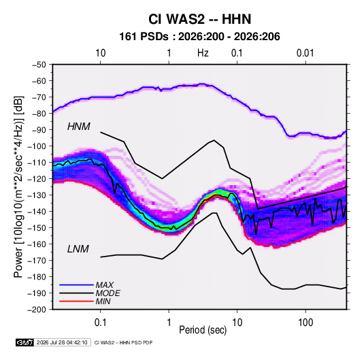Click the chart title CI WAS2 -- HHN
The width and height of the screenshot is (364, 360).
tap(199, 19)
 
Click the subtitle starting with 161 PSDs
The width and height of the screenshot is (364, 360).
tap(199, 37)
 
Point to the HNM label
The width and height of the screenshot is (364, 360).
tap(79, 127)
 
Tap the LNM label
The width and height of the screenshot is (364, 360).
tap(78, 249)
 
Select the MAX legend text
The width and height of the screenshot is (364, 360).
tap(105, 285)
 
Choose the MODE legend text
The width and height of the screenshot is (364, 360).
tap(108, 293)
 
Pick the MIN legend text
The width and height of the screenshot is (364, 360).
tap(103, 301)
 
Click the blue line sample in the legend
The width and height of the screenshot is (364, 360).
tap(76, 284)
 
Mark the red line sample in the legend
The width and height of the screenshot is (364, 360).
tap(76, 301)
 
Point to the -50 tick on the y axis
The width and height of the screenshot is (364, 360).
tap(39, 65)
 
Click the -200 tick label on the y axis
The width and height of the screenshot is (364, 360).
tap(37, 310)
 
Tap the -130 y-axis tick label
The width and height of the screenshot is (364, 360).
tap(37, 195)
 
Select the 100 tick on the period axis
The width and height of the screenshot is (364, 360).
tap(305, 323)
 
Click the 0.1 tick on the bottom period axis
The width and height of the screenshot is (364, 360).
tap(100, 323)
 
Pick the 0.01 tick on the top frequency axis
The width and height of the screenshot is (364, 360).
tap(305, 53)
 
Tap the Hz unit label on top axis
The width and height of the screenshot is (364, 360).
tap(203, 53)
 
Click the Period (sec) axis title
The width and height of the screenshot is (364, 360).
tap(203, 330)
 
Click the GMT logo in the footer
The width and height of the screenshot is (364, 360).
tap(25, 342)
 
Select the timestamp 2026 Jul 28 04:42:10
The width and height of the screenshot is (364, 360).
tap(62, 342)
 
